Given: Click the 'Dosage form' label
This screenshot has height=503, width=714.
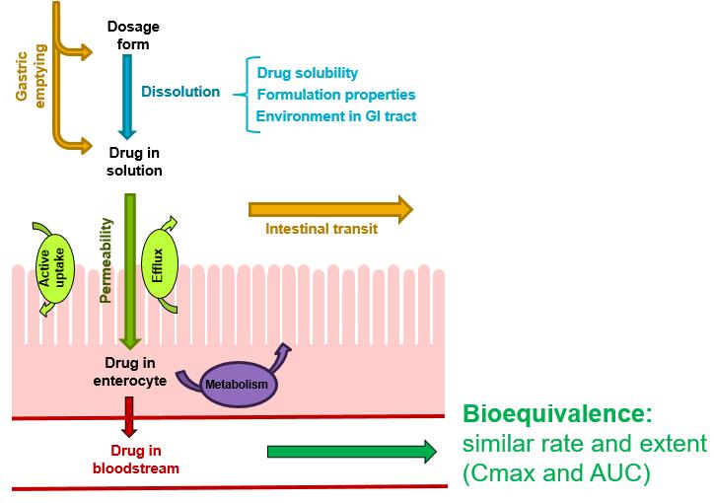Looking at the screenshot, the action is point(133,36).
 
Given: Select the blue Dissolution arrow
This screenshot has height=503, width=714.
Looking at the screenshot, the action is point(127,97).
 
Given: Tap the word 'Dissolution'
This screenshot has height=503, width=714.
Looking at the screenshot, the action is point(180,92).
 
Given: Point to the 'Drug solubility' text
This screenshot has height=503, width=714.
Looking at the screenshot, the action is point(308,73).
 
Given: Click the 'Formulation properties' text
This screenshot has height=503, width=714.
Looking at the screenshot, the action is point(336,95).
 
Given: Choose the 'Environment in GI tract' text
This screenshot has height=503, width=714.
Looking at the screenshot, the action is point(336,116).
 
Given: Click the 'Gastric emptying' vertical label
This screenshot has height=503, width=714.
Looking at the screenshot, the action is point(31,76).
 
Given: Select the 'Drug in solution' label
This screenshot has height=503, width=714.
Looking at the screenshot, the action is point(134,162).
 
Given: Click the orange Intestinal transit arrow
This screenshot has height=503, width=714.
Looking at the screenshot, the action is point(331,209).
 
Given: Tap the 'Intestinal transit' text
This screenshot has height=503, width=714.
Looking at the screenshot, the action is point(321,229).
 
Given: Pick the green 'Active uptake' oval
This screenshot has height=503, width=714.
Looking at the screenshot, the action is point(54,268).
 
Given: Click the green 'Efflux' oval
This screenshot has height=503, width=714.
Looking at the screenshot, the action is point(160,264).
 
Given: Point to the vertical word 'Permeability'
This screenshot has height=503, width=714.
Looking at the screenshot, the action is point(107,260).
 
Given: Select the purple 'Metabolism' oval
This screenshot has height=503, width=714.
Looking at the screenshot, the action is point(237,384).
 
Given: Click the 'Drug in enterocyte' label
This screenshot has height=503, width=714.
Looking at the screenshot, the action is point(130,372).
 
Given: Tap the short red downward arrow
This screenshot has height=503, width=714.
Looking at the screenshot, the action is point(129,417).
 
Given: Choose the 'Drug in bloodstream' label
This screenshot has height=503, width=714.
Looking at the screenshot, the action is point(136,460).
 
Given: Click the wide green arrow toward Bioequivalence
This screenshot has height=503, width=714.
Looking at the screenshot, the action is point(352,452).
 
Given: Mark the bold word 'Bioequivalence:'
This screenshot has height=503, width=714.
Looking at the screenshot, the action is point(558,414).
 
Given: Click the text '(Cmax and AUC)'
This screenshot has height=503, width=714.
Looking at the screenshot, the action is point(556,473).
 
